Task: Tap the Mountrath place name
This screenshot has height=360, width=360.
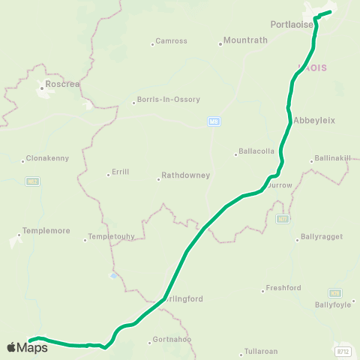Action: click(x=245, y=41)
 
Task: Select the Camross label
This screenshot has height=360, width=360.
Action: click(x=171, y=41)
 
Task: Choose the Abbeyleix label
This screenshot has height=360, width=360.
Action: click(x=313, y=120)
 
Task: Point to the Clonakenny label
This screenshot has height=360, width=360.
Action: click(x=47, y=159)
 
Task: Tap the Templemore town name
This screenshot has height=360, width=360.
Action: click(x=46, y=231)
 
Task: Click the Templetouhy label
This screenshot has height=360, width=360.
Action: click(x=112, y=237)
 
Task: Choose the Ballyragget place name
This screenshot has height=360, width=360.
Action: click(x=321, y=237)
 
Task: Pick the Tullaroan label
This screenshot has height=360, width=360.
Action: click(x=261, y=352)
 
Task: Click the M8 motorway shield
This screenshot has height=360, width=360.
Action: click(x=214, y=121)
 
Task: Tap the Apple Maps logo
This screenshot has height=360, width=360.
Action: click(x=27, y=346)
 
